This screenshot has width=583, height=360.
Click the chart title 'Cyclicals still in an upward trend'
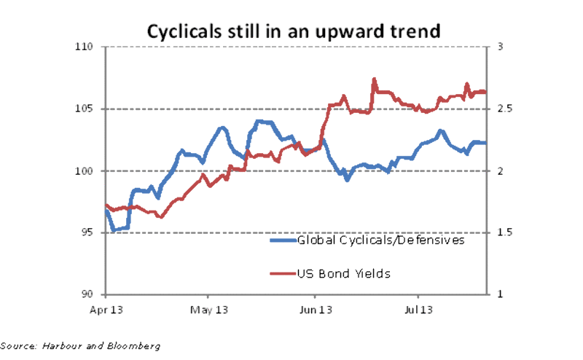pyautogui.click(x=293, y=31)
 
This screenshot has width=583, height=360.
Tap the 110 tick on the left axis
pyautogui.click(x=87, y=47)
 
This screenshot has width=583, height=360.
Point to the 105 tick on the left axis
pyautogui.click(x=87, y=109)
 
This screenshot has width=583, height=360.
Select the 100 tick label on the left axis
pyautogui.click(x=87, y=171)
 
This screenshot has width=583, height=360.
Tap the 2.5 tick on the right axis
pyautogui.click(x=503, y=109)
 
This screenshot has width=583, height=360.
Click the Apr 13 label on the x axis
pyautogui.click(x=106, y=310)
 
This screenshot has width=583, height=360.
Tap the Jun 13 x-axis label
pyautogui.click(x=316, y=310)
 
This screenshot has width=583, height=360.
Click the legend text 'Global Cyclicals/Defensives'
pyautogui.click(x=380, y=240)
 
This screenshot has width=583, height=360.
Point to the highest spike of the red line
pyautogui.click(x=374, y=79)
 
